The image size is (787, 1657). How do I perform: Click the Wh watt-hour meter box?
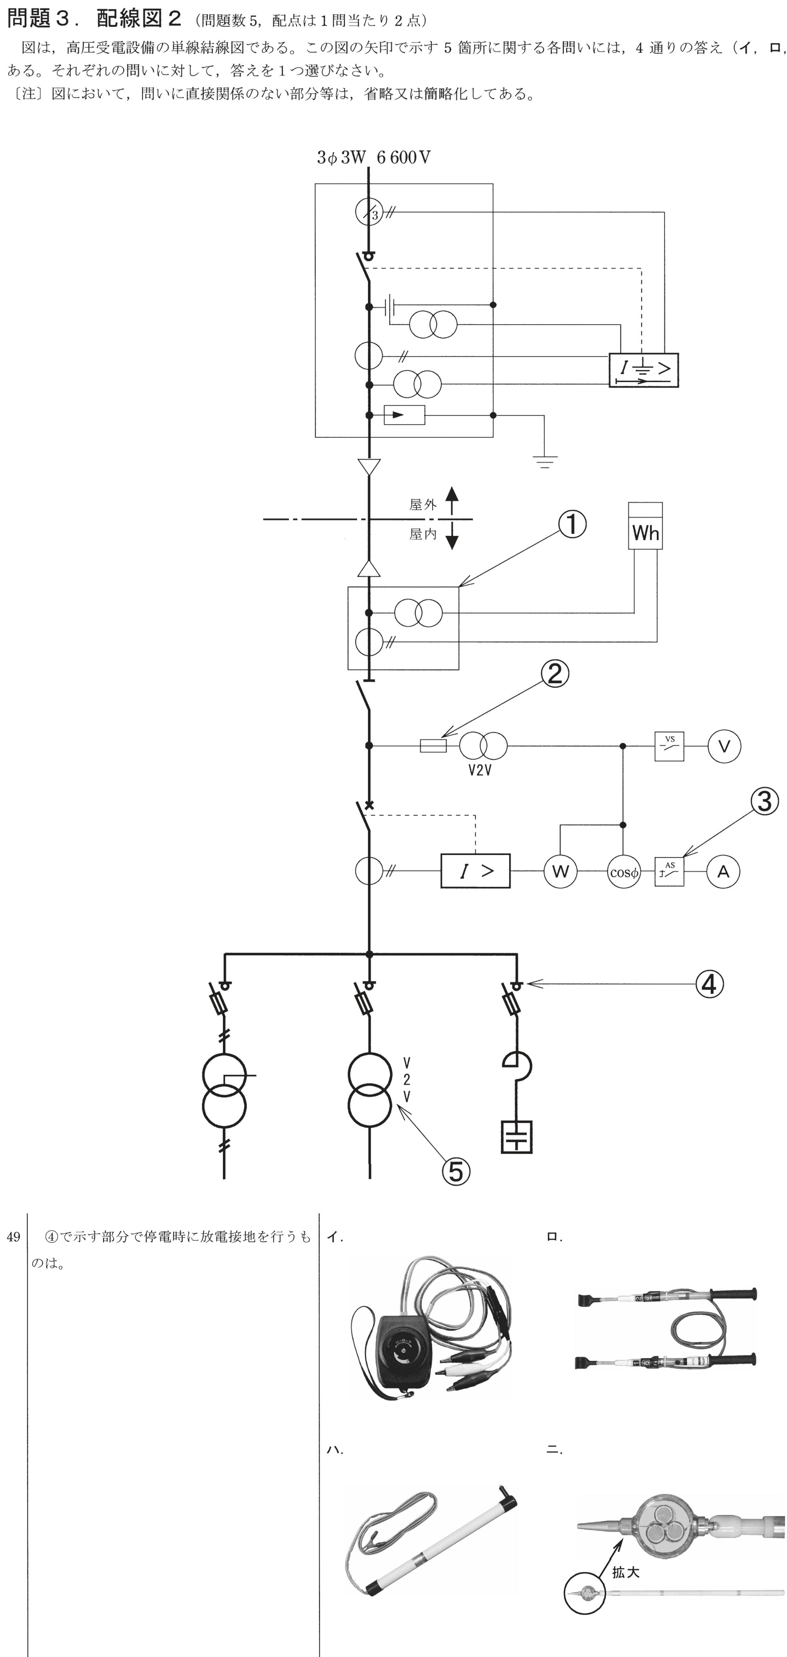pos(645,525)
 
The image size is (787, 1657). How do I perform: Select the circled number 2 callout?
pos(555,674)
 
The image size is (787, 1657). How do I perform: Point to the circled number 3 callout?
pos(764,802)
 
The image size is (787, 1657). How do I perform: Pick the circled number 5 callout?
pos(455,1171)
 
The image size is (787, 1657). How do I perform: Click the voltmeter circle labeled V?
pos(724,746)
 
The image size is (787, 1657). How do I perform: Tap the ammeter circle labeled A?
pos(723,872)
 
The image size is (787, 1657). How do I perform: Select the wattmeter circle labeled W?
pos(561,872)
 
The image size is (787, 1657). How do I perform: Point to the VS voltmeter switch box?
pos(669,746)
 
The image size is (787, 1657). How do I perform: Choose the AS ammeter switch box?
pos(669,872)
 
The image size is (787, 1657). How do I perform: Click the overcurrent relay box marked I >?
pos(475,871)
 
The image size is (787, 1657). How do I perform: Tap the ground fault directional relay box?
pos(643,370)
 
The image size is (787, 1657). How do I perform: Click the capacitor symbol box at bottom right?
pos(516,1137)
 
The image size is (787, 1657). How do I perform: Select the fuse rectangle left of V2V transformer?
pos(433,746)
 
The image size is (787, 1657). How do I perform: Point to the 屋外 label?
pos(422,504)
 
